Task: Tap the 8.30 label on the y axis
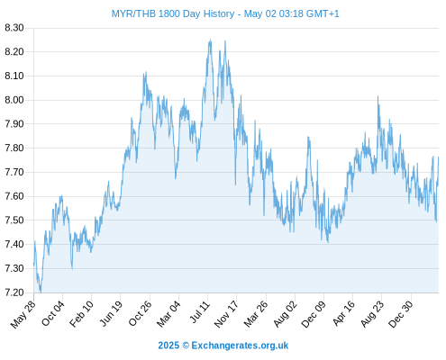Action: coord(14,28)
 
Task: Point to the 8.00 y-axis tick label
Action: coord(14,100)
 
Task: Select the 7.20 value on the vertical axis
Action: coord(14,292)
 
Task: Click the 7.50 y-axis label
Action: coord(14,220)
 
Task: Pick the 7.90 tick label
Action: coord(14,124)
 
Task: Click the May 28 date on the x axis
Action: coord(23,314)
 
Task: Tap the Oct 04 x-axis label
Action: coord(53,313)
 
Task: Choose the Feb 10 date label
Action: coord(81,314)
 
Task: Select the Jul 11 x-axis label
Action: coord(199,312)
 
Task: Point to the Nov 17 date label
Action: coord(226,314)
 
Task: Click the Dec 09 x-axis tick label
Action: coord(314,314)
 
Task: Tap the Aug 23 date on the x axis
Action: coord(372,314)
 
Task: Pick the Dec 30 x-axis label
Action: coord(401,314)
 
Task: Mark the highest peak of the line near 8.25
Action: coord(210,39)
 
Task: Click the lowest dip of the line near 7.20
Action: coord(41,292)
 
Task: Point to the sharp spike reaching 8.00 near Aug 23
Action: coord(378,96)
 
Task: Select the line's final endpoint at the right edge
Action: coord(439,157)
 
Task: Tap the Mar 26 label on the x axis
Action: coord(256,314)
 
